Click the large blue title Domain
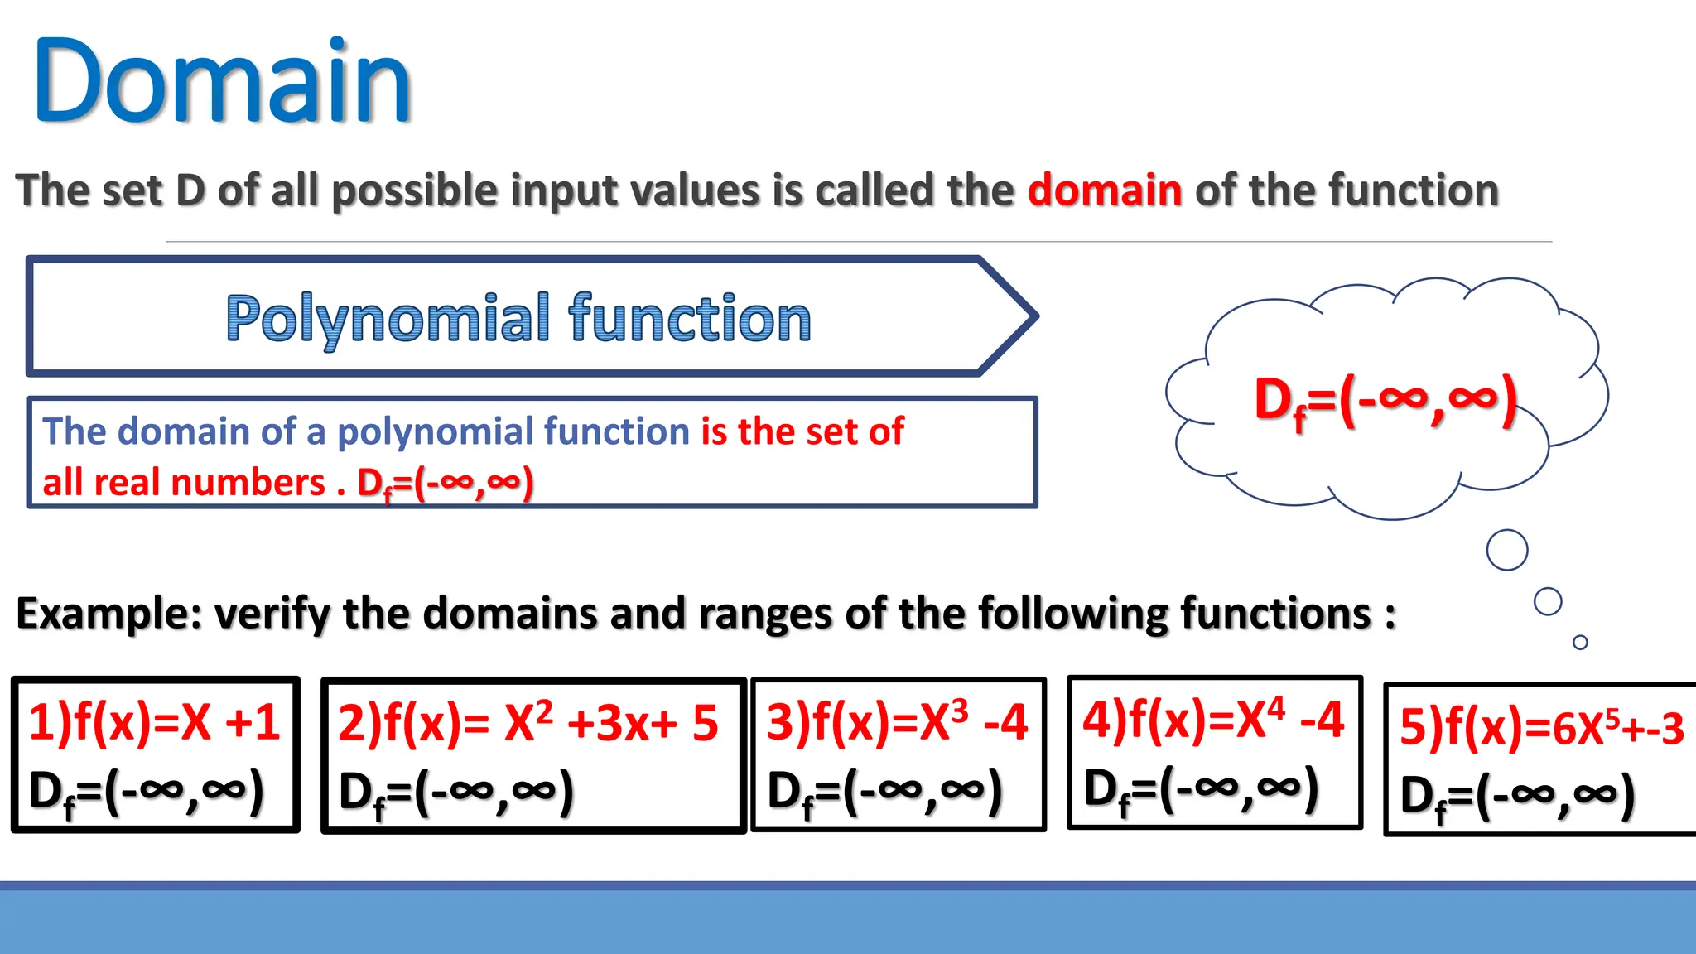point(222,83)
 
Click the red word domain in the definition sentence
point(1104,190)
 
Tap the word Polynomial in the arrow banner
point(388,319)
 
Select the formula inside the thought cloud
point(1385,401)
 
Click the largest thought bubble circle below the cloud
point(1506,550)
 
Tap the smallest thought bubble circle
point(1580,642)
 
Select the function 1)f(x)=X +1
point(154,722)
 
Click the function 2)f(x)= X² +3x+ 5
point(528,723)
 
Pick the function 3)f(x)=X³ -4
point(896,722)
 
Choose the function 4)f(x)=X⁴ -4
point(1212,720)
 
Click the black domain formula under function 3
point(884,791)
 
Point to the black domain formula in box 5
point(1517,797)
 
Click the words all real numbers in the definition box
point(184,483)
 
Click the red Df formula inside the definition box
point(445,484)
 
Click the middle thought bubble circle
point(1547,601)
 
